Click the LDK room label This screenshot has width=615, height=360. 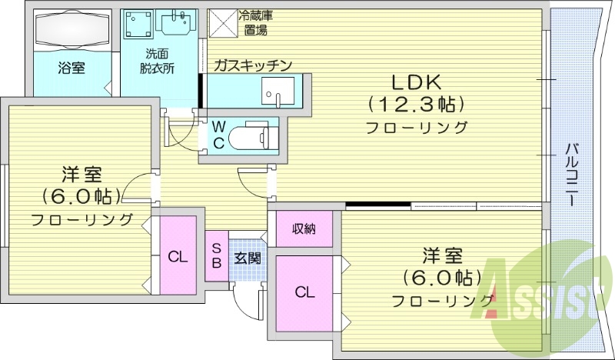tap(417, 82)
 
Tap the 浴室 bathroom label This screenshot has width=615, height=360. tap(71, 68)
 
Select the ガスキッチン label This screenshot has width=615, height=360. tap(253, 65)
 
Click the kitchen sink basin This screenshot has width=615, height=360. tap(274, 96)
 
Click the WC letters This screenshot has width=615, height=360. tap(218, 135)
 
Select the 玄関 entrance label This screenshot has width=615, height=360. tap(247, 258)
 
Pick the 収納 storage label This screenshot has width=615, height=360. tap(304, 228)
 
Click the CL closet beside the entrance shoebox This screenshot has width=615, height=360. tap(178, 257)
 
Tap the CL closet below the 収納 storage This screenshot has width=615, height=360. tap(304, 292)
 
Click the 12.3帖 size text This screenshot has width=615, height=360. tap(417, 104)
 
